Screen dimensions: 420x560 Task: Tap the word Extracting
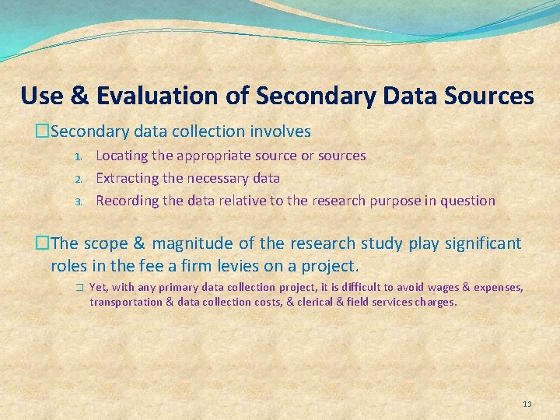[125, 178]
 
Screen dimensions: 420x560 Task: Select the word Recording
[126, 201]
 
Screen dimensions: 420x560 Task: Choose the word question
[467, 201]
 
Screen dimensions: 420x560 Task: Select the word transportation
[125, 302]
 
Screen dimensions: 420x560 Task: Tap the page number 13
[527, 404]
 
